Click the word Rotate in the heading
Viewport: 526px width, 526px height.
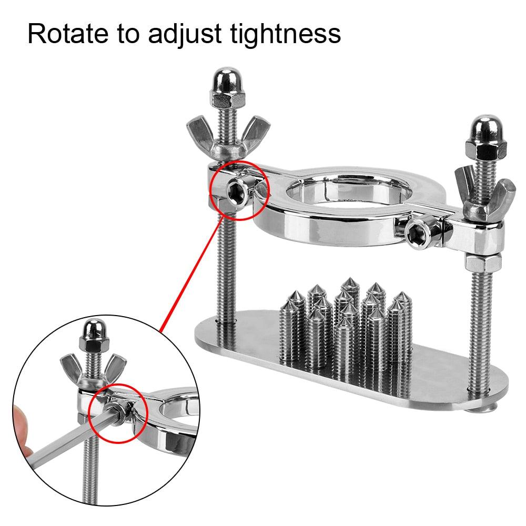(68, 34)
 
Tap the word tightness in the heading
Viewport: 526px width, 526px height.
(286, 34)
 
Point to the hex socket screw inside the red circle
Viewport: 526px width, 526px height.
(238, 192)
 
